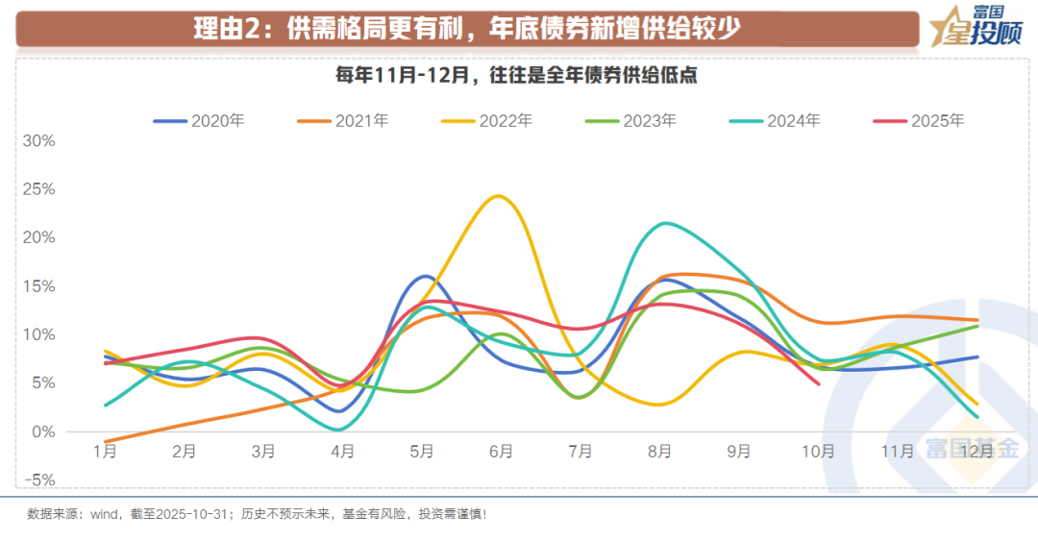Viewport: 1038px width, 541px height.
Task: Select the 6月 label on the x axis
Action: pos(501,451)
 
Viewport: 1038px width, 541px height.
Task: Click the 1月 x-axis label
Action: pos(105,451)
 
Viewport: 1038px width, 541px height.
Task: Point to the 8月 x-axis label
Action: pos(659,451)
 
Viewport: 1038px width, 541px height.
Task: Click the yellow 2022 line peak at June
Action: pos(498,196)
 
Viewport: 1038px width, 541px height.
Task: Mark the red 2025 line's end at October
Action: pos(818,383)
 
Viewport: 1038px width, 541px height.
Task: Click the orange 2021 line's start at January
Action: pos(105,441)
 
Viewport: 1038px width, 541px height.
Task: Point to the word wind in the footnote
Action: pos(104,514)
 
